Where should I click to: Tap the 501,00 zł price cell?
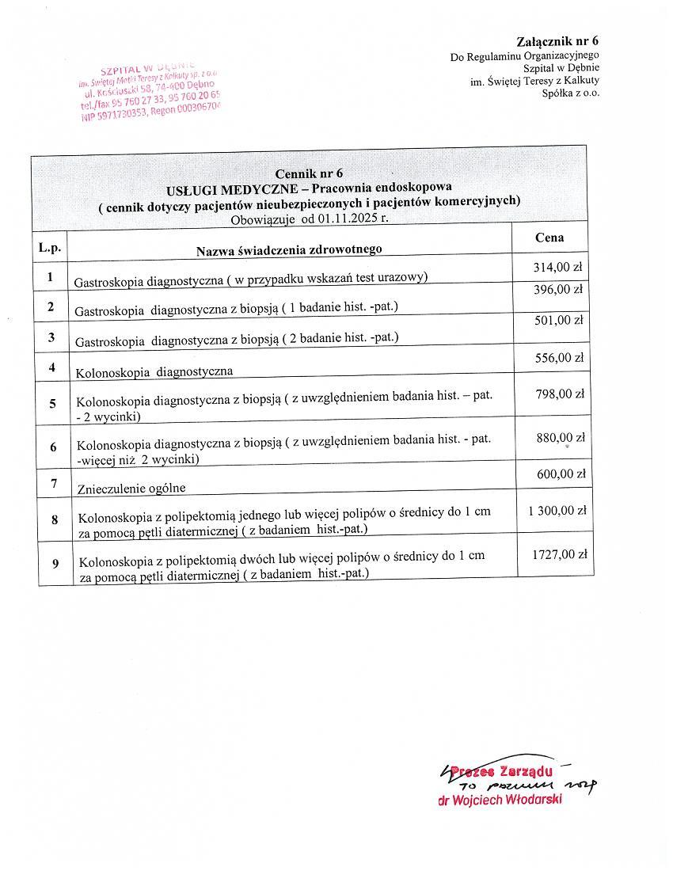tap(558, 320)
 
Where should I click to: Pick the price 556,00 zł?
tap(560, 358)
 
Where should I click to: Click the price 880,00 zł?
tap(561, 437)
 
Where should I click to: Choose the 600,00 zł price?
tap(561, 474)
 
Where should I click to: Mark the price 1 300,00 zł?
tap(557, 511)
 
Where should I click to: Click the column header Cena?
tap(549, 237)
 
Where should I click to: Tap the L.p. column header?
tap(49, 247)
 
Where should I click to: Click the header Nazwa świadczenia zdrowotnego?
tap(289, 249)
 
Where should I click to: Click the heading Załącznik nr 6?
tap(557, 41)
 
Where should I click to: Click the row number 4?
tap(51, 367)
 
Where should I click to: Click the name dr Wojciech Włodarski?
tap(500, 800)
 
